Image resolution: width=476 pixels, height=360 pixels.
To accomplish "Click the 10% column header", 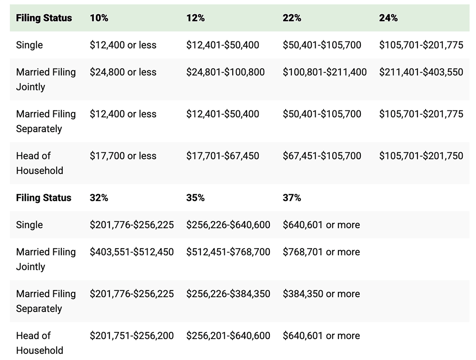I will point(99,18).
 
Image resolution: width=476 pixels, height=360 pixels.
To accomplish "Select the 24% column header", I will point(388,18).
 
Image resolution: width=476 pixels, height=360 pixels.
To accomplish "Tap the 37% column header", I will point(292,198).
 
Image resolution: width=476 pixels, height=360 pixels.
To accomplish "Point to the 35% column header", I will point(195,198).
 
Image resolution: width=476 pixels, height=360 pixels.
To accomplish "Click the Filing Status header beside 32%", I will point(44,198).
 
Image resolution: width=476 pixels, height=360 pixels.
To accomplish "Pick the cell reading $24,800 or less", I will point(123,72).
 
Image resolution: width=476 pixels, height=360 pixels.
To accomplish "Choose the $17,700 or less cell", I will point(123,156).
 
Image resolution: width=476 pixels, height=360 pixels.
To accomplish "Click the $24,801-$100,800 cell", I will point(226,72).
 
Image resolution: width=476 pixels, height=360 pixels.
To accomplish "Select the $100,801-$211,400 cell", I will point(325,72).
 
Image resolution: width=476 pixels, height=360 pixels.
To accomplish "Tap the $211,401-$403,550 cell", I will point(421,72).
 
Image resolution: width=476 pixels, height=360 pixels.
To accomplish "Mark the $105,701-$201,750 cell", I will point(421,156).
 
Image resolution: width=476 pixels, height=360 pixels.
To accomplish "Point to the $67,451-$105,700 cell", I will point(322,156).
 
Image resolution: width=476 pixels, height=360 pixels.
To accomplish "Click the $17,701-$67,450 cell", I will point(223,156).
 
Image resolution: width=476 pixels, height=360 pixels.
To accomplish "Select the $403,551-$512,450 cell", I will point(132,252).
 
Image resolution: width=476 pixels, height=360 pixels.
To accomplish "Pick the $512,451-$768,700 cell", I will point(228,252).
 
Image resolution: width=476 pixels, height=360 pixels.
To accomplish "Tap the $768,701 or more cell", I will point(321,252).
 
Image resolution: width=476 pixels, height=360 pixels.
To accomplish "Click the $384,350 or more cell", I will point(321,294).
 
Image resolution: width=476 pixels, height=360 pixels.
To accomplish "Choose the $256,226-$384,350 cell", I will point(228,294).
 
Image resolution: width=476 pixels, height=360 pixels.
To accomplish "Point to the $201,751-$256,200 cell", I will point(132,336).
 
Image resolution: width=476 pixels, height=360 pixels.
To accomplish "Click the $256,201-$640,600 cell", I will point(228,336).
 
